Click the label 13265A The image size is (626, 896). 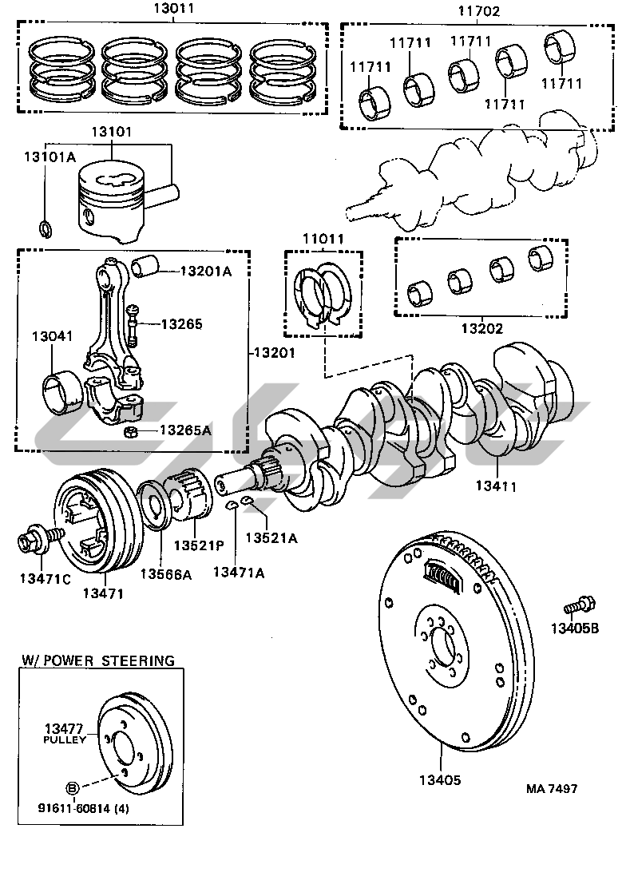[185, 430]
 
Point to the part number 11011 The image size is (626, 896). [322, 239]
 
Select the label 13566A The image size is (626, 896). [165, 573]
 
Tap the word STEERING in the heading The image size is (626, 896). [133, 660]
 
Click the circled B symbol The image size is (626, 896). [71, 788]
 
